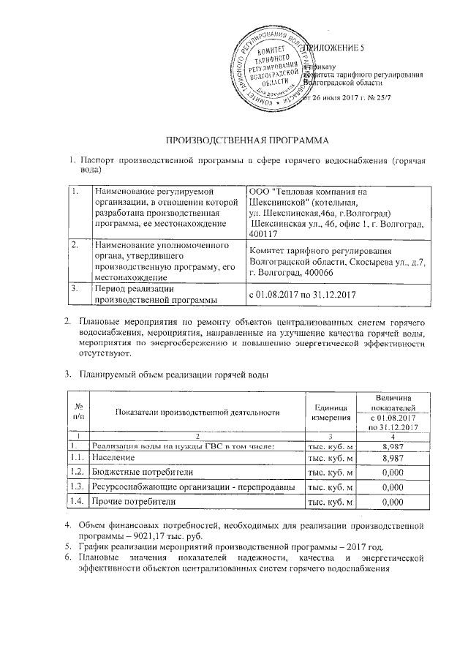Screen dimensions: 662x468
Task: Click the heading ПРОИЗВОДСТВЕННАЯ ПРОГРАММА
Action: click(233, 140)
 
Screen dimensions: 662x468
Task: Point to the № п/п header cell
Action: click(77, 411)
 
